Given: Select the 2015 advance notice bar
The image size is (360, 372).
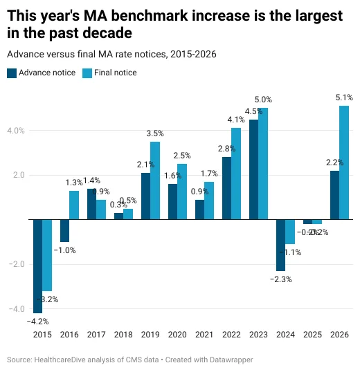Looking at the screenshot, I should (x=37, y=266).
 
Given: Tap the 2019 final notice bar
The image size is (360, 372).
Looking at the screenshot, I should (x=155, y=180).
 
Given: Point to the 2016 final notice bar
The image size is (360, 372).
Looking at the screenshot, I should (x=74, y=205).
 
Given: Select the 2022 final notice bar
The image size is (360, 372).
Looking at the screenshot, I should (x=236, y=174).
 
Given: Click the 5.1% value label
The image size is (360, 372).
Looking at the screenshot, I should (x=343, y=98).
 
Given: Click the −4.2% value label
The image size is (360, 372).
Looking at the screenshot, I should (x=37, y=322).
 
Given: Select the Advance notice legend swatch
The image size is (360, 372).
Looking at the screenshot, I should (x=12, y=73).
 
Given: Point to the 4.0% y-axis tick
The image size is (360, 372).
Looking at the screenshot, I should (x=16, y=131).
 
